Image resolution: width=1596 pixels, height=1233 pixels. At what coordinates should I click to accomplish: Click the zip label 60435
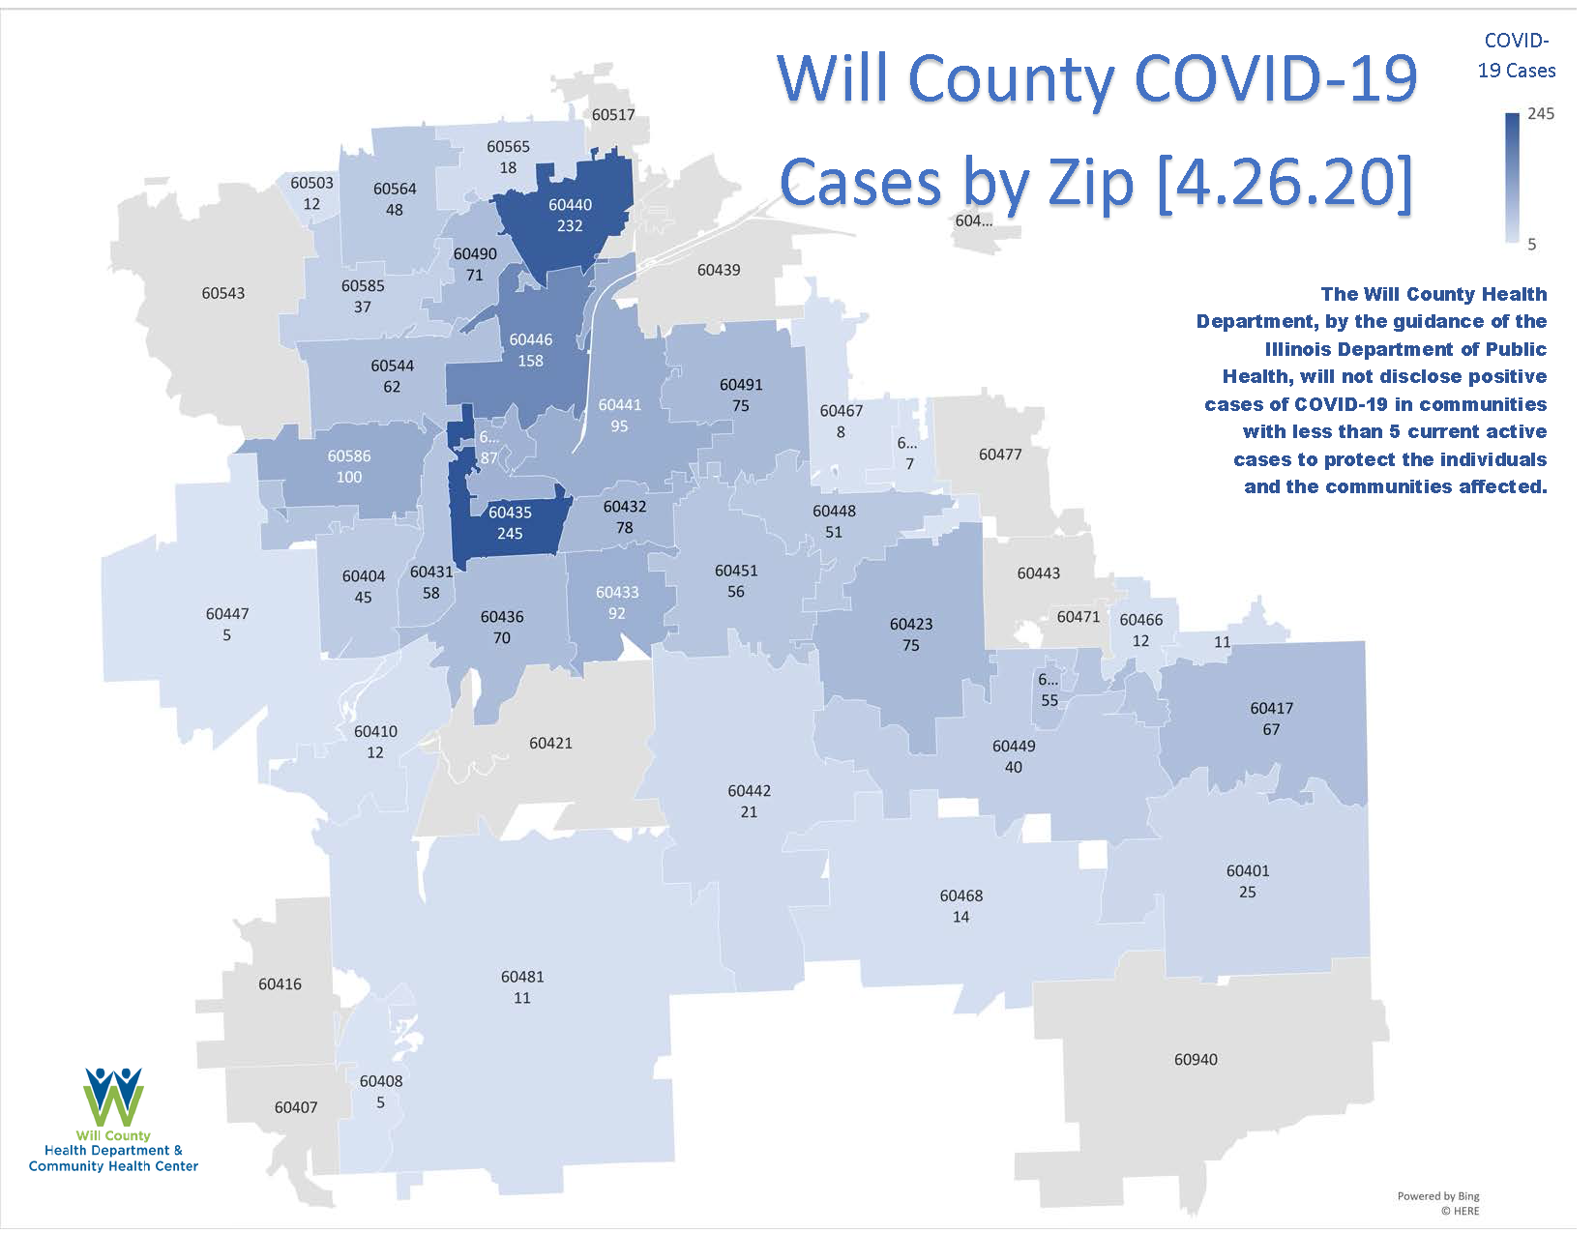click(510, 513)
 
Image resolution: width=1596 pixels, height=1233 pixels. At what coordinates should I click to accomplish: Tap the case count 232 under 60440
click(570, 226)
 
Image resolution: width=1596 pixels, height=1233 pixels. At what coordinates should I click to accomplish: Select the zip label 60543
click(223, 293)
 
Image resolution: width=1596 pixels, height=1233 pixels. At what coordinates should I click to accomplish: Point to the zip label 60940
click(1196, 1060)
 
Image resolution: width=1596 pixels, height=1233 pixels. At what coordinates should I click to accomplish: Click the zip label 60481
click(522, 977)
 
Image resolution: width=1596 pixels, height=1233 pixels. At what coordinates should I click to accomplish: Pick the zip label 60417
click(1271, 709)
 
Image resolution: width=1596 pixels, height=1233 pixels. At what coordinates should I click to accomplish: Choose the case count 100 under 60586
click(349, 477)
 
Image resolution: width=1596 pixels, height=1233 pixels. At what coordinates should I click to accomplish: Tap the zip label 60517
click(613, 115)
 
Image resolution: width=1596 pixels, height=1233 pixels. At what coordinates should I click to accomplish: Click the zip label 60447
click(227, 614)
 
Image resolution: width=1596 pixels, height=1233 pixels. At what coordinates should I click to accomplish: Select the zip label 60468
click(961, 896)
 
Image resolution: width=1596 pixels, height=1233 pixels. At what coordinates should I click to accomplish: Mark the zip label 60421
click(550, 744)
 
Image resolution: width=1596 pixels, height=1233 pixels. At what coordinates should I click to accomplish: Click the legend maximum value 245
click(1541, 114)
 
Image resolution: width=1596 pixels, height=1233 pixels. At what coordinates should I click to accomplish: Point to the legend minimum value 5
click(1532, 245)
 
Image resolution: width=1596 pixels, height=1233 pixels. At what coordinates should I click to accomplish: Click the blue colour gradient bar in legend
click(1513, 178)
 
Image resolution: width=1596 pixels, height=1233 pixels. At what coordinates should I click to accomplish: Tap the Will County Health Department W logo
click(114, 1097)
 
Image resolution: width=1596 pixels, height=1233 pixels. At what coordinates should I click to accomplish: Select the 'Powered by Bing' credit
click(1438, 1196)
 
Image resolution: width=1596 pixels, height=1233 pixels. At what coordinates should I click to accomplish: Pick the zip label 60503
click(311, 183)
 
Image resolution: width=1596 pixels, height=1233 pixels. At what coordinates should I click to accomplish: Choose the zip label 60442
click(750, 791)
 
